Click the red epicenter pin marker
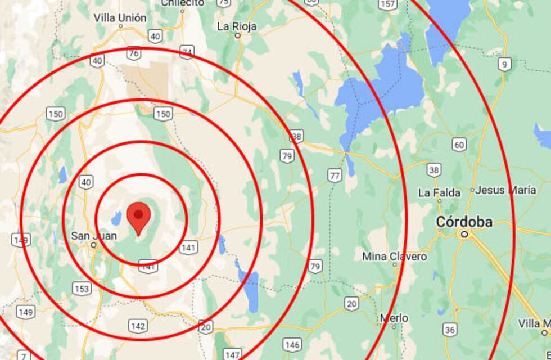[x=138, y=218]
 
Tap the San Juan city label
[x=94, y=236]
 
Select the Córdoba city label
[x=464, y=222]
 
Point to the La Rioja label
[x=237, y=26]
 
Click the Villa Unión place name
[x=120, y=17]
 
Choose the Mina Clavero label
[x=394, y=256]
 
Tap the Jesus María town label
[x=505, y=190]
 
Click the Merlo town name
[x=394, y=318]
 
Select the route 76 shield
[x=133, y=53]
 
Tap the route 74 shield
[x=187, y=52]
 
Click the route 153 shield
[x=82, y=289]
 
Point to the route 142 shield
[x=137, y=326]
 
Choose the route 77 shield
[x=335, y=175]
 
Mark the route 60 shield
[x=459, y=145]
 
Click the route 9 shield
[x=504, y=65]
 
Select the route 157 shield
[x=387, y=4]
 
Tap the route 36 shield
[x=449, y=330]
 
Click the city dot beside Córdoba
[x=464, y=233]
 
